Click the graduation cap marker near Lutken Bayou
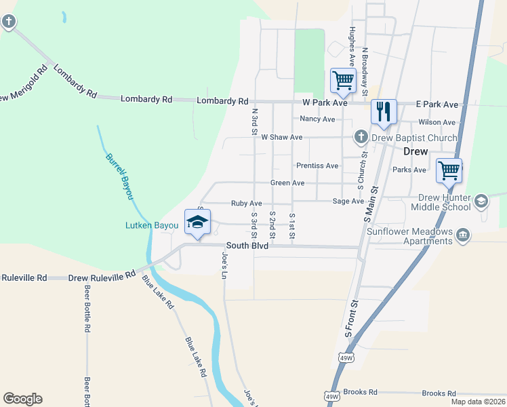(197, 222)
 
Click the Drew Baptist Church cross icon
(361, 138)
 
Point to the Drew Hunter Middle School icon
(481, 201)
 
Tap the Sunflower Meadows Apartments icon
(462, 235)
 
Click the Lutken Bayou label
(150, 225)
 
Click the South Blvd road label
(247, 246)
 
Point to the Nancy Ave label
(318, 119)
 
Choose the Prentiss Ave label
(317, 166)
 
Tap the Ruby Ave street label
(246, 203)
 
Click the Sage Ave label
(348, 201)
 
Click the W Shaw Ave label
(281, 137)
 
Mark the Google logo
(22, 399)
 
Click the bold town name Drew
(415, 151)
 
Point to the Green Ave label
(287, 183)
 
